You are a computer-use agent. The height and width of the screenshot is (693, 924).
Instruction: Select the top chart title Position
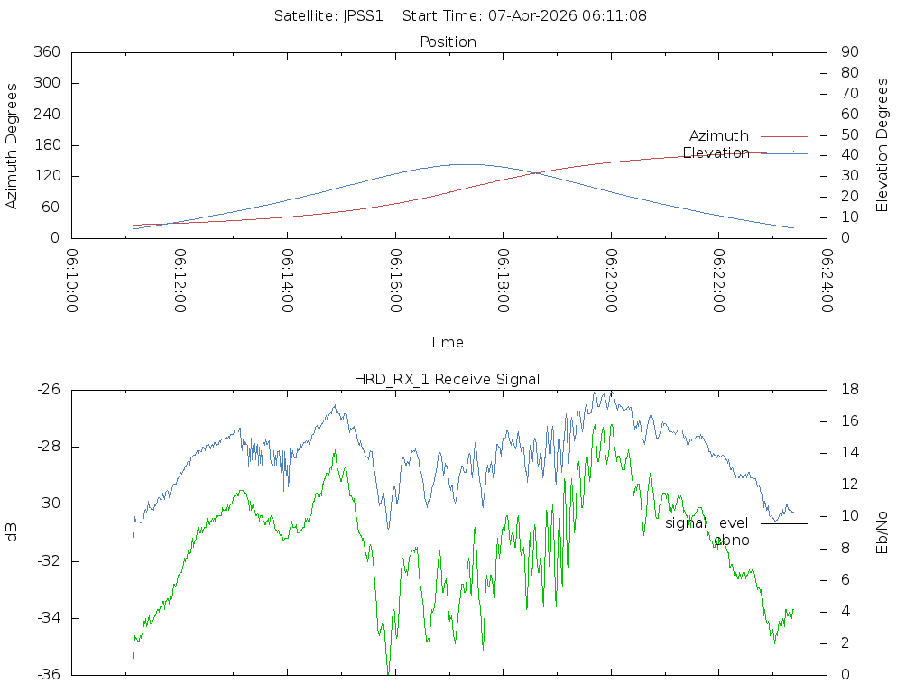(448, 42)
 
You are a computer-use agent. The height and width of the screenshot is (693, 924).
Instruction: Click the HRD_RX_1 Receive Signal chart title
(447, 379)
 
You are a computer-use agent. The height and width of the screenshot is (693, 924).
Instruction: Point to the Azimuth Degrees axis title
(13, 145)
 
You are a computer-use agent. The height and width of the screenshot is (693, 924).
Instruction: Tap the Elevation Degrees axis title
(882, 145)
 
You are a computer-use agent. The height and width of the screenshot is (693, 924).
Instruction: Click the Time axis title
(447, 342)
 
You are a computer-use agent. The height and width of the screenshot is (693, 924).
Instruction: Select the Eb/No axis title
(882, 532)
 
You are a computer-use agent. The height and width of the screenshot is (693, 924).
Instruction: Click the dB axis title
(13, 532)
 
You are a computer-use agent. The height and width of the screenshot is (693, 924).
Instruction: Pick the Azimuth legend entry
(719, 135)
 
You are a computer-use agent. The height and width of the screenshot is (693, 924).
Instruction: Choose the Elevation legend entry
(716, 152)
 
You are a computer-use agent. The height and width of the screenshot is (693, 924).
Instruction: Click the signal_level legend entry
(707, 522)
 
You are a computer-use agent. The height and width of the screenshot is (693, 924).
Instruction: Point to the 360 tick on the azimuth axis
(45, 52)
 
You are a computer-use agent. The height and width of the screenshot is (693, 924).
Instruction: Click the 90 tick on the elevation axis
(848, 52)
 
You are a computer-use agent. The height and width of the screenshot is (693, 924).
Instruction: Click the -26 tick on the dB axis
(47, 390)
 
